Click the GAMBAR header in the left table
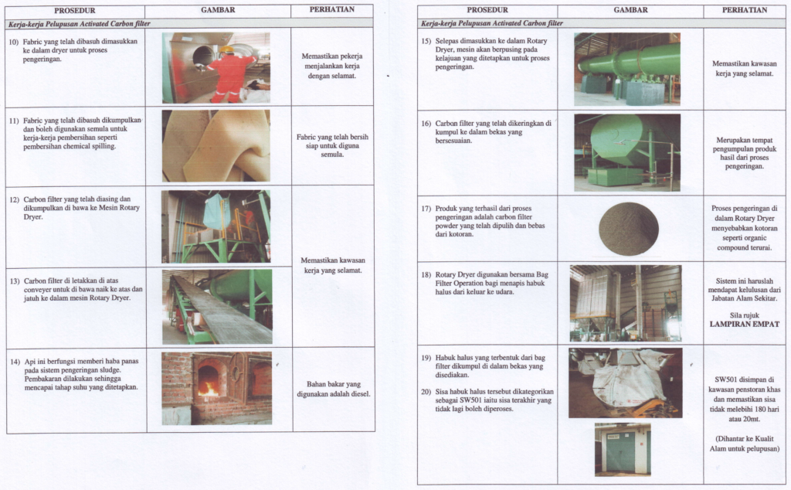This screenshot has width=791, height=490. pos(217,10)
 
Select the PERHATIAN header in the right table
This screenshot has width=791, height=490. pos(745,10)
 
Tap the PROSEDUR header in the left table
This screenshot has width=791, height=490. pos(75,10)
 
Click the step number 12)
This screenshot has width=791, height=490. pos(14,199)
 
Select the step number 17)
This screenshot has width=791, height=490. pos(426,208)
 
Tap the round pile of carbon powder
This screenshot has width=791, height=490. pos(629,229)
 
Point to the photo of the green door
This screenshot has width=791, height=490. pos(622,448)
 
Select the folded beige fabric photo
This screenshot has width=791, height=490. pos(216,145)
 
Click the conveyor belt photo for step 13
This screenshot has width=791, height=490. pos(216,307)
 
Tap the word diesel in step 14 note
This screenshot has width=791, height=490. pos(358,394)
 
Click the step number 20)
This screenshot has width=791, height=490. pos(426,392)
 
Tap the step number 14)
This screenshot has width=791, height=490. pos(14,361)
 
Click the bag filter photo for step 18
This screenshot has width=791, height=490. pos(626,303)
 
